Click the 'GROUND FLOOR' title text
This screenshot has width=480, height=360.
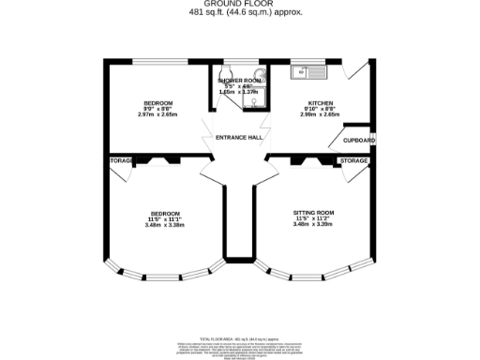point(240,5)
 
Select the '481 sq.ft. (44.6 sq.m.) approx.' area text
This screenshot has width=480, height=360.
point(240,13)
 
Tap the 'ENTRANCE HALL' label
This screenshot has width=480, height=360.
point(238,138)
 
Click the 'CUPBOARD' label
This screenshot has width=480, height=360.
point(358,140)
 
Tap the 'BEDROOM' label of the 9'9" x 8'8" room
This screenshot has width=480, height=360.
point(157,102)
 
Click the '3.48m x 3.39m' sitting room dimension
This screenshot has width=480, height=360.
point(313,225)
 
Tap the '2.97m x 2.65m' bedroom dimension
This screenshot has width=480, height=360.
point(157,115)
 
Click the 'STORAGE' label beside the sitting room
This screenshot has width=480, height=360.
point(353,161)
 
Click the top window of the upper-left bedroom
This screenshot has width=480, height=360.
point(156,61)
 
